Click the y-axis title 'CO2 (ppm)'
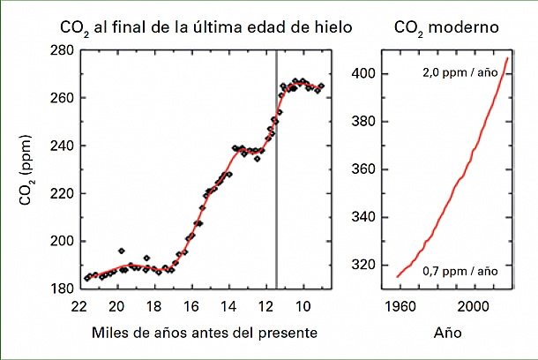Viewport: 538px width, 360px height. (x=27, y=169)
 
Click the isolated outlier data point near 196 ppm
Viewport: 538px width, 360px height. (x=121, y=251)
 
